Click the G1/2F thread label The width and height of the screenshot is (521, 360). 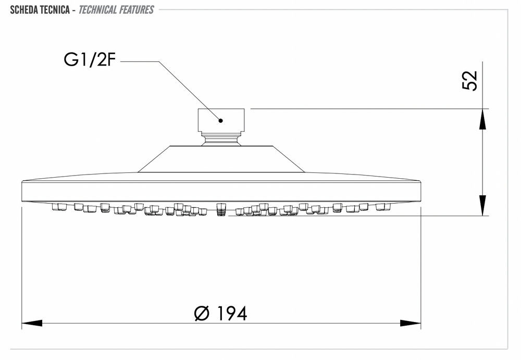click(90, 60)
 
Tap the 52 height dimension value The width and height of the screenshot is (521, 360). click(470, 80)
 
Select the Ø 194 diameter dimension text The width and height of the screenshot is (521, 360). click(220, 313)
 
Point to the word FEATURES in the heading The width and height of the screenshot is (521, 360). click(137, 10)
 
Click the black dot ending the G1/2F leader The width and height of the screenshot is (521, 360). click(220, 120)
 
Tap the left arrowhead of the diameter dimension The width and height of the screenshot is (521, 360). click(32, 323)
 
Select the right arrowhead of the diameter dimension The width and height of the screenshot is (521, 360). click(411, 323)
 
